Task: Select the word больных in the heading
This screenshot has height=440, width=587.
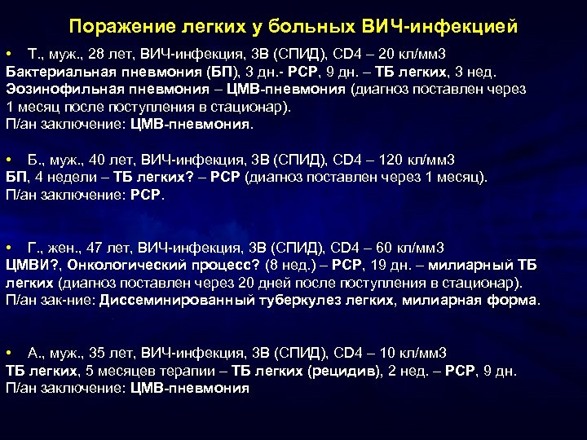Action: [308, 27]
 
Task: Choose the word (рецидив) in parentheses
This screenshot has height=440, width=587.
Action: [345, 371]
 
